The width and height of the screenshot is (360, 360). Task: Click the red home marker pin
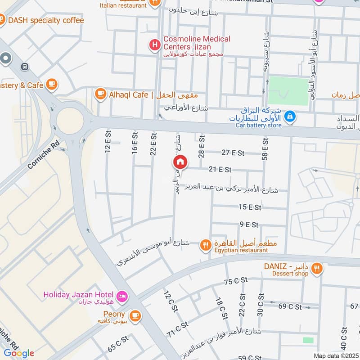(180, 162)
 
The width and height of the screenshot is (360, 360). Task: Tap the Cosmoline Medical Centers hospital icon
(155, 45)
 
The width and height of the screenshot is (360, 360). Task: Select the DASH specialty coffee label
(46, 20)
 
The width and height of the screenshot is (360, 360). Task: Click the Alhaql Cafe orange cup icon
(100, 94)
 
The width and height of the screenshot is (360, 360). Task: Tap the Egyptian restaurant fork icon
(206, 245)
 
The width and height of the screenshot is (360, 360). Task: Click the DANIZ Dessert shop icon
(317, 269)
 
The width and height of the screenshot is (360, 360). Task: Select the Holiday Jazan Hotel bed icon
(121, 296)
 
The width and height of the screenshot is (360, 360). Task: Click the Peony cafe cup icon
(135, 315)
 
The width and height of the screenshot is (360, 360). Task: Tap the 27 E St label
(233, 153)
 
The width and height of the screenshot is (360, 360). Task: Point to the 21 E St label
(220, 170)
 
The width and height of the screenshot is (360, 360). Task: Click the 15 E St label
(250, 207)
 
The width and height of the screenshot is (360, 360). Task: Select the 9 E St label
(248, 224)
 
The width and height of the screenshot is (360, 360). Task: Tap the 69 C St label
(290, 306)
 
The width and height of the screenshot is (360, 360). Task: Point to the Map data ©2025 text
(335, 355)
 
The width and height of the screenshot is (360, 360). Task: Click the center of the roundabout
(69, 121)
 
